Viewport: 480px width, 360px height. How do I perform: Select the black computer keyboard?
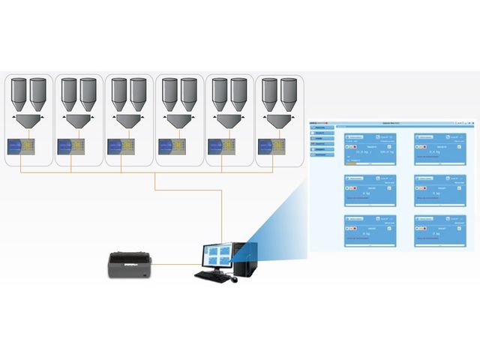coord(211,275)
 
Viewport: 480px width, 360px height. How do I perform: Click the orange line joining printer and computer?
coord(174,263)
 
